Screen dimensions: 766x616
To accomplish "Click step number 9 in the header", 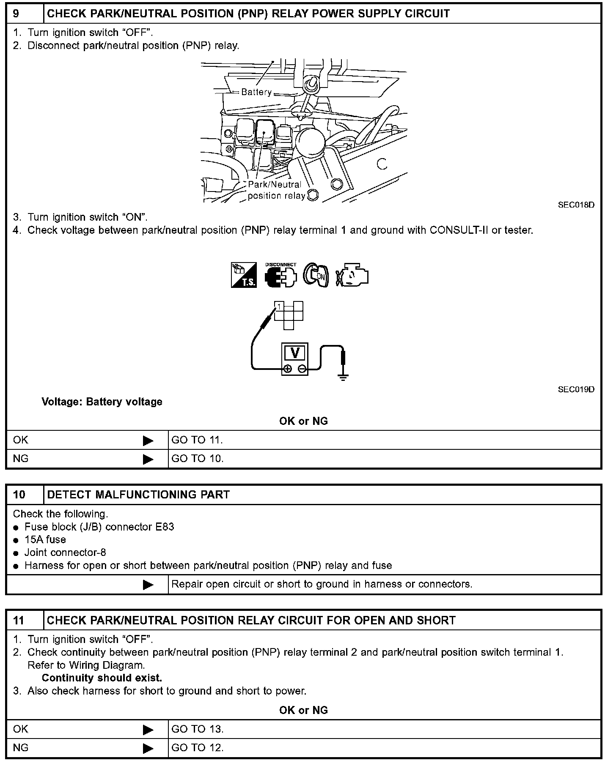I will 16,14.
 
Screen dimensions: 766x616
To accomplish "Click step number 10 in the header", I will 19,495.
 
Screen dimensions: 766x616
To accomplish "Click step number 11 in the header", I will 19,620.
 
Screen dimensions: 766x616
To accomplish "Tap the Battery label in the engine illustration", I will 256,92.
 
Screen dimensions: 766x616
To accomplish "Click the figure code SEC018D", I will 576,205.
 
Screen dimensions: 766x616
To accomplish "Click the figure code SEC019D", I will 576,389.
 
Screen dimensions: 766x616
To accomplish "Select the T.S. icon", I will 244,275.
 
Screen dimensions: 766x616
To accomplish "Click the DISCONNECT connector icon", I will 280,276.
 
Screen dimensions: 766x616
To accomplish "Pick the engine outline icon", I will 352,276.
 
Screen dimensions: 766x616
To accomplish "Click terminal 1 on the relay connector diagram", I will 279,306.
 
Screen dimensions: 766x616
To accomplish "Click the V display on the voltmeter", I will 295,353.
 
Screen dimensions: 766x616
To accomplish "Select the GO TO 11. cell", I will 197,440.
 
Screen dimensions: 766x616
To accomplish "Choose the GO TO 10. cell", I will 197,459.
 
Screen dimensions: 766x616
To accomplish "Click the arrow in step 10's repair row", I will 148,585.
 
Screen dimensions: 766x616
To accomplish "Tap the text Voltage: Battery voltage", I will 102,402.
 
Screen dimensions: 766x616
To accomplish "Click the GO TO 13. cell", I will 197,729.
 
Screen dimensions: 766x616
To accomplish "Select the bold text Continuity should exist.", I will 102,678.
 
